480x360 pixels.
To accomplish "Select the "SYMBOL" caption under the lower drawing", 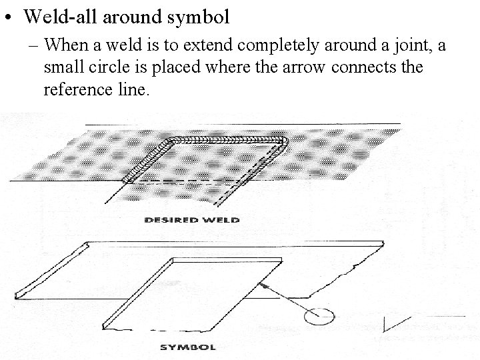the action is click(x=189, y=347).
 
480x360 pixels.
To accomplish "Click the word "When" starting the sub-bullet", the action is click(x=65, y=46).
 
